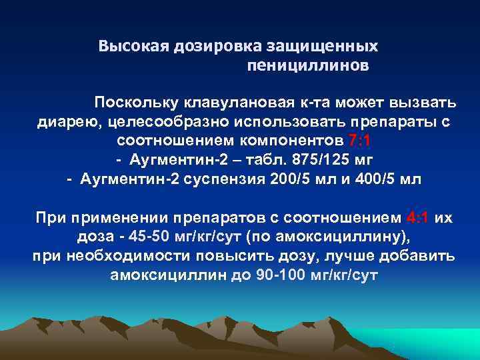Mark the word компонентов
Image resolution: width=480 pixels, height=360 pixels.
tap(295, 142)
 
